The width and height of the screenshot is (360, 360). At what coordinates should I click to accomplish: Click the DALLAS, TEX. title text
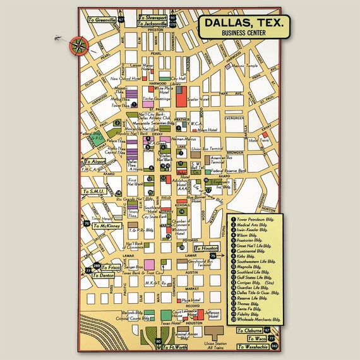(242, 25)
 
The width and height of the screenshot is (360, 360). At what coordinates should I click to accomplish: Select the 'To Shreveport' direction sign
(153, 18)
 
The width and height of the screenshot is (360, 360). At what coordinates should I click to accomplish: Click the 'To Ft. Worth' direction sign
(174, 347)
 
